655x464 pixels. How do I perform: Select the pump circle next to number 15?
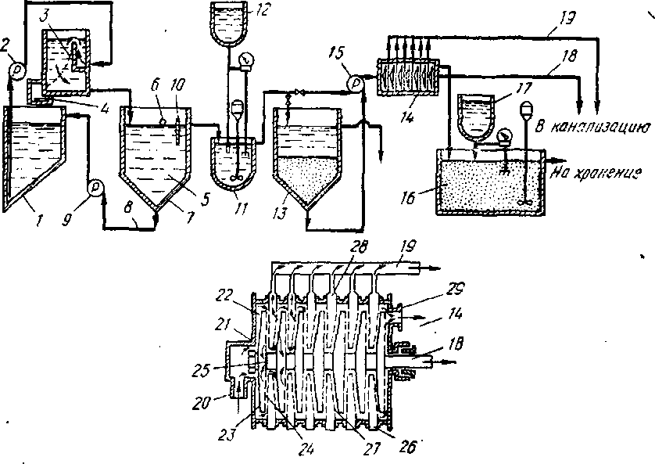[x=355, y=81]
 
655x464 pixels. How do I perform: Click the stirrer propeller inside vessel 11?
[x=235, y=178]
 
